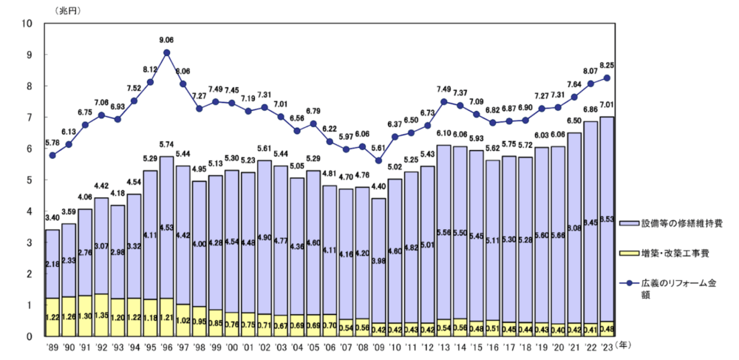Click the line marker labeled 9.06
coord(167,52)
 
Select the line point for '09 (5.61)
coord(378,160)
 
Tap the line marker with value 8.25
coord(607,78)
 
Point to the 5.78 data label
coord(52,143)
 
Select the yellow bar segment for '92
coord(101,315)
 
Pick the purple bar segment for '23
coord(607,219)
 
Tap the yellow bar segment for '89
coord(52,317)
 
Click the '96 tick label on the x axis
coord(166,345)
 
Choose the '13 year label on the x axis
coord(443,345)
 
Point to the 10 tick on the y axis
coord(27,24)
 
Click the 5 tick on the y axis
coord(30,180)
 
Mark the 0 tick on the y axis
coord(30,336)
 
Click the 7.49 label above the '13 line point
coord(443,90)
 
